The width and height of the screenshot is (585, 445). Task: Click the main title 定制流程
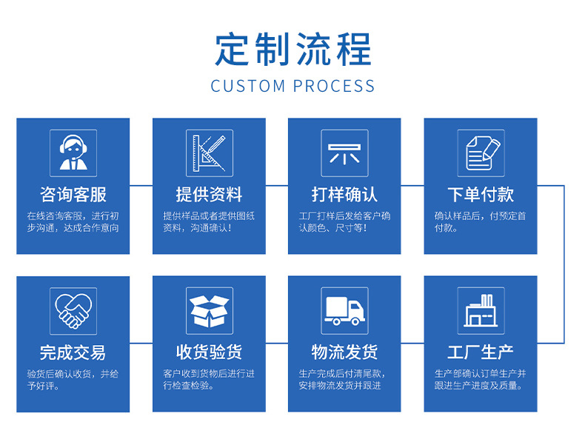(292, 49)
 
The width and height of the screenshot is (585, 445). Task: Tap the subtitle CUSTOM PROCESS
(292, 86)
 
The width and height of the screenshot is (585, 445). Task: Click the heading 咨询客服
(73, 195)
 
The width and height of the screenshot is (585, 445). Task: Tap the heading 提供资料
(209, 195)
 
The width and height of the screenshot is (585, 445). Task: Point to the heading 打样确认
(344, 195)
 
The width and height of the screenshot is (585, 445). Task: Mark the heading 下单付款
(481, 195)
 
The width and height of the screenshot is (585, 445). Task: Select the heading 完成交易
(73, 352)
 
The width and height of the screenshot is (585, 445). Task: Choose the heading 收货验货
(209, 352)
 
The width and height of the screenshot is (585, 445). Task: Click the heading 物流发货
(344, 352)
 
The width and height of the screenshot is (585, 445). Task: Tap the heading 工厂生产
(481, 352)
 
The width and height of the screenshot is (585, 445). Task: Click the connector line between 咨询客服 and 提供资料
(141, 186)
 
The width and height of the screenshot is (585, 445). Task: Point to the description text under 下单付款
(481, 222)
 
